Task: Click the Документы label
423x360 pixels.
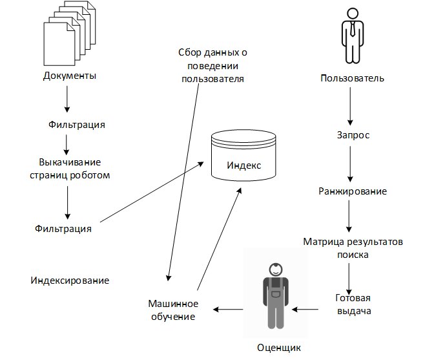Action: tap(70, 76)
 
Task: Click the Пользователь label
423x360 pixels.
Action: tap(353, 79)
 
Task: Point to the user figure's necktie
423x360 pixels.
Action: tap(352, 29)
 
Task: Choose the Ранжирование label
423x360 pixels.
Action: tap(353, 191)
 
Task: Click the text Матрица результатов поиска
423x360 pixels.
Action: tap(353, 248)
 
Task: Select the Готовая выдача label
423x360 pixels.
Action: tap(353, 304)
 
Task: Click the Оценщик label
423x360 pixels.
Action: tap(278, 348)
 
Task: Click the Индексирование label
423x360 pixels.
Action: tap(70, 281)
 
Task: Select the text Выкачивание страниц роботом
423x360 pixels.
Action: tap(74, 168)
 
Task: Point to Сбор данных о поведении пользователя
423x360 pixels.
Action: tap(212, 65)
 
